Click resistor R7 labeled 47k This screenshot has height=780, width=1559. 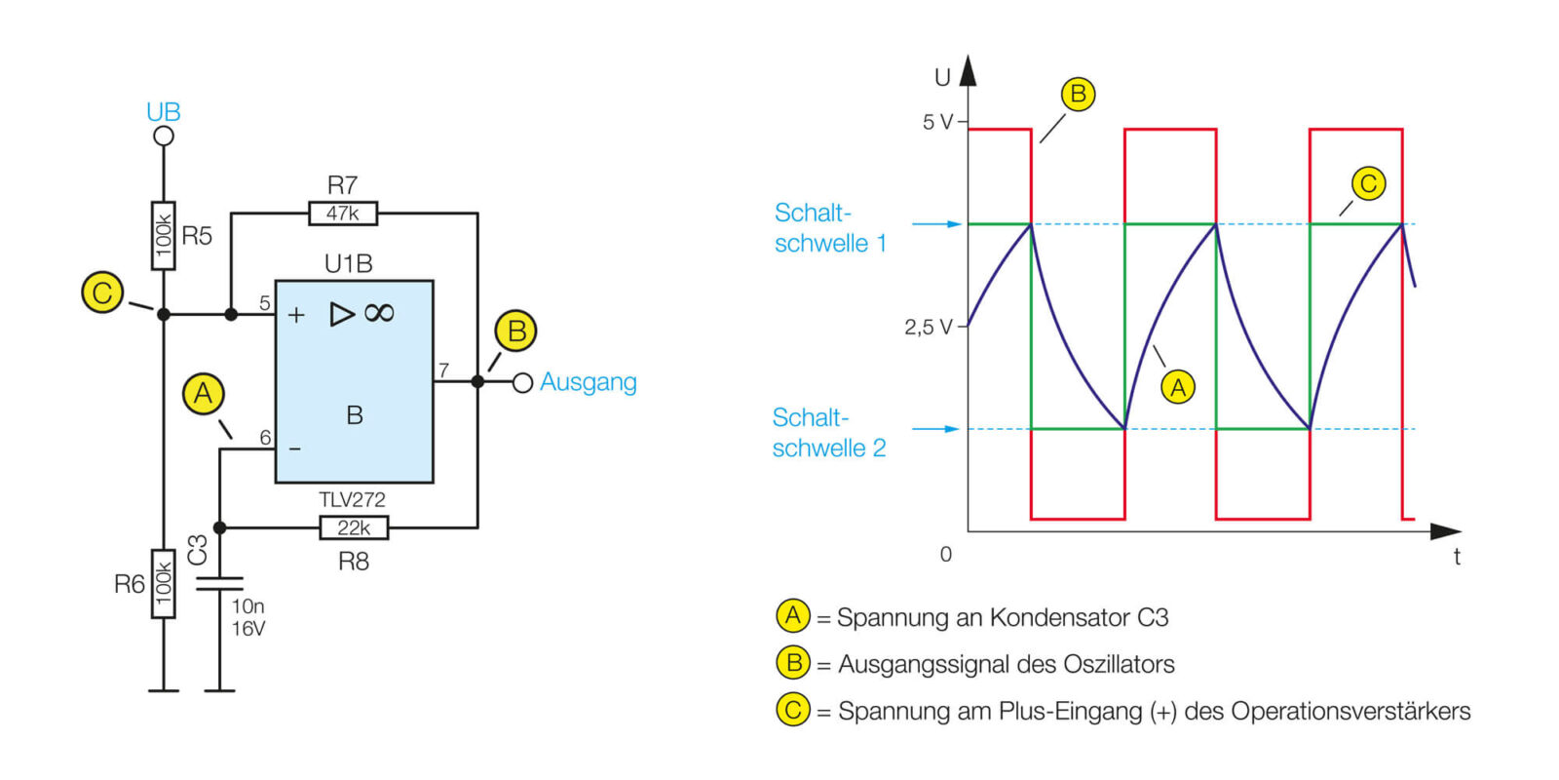tap(342, 213)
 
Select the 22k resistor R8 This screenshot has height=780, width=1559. tap(354, 527)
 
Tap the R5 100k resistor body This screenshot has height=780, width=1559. tap(164, 235)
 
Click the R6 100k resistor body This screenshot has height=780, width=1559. tap(164, 584)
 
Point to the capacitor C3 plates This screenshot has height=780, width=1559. tap(219, 583)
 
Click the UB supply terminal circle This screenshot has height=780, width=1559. tap(164, 136)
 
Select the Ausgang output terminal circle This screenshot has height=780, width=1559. tap(522, 382)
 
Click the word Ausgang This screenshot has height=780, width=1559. tap(589, 382)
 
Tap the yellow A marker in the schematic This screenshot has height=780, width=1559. tap(203, 394)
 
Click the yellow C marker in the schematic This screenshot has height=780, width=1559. tap(102, 292)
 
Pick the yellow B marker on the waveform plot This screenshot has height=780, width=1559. tap(1078, 94)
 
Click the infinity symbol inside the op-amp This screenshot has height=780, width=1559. tap(379, 313)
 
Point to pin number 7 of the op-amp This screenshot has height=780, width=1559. tap(443, 370)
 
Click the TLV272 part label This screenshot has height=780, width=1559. tap(352, 499)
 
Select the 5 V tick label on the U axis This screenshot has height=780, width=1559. tap(937, 122)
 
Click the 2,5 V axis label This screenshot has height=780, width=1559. tap(928, 327)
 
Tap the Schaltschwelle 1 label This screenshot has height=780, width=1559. tap(830, 228)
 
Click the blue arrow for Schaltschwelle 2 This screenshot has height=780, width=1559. tap(936, 429)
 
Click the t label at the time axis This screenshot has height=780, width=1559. tap(1457, 557)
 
